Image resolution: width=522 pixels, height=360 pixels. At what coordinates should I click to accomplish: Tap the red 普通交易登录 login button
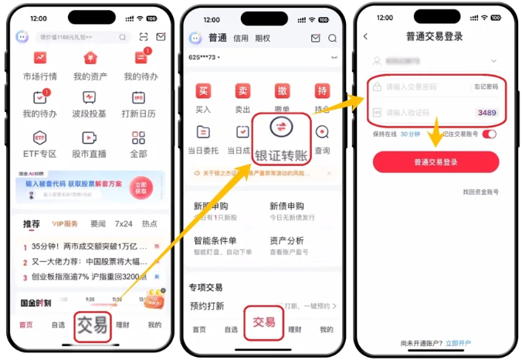point(436,162)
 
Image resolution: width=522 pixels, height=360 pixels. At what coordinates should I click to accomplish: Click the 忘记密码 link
point(486,87)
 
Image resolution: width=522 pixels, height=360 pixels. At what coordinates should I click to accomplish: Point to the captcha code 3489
point(486,113)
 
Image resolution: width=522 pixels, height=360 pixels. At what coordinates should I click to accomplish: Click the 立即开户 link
point(458,343)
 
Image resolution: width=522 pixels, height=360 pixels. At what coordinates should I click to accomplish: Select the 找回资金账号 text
point(481,191)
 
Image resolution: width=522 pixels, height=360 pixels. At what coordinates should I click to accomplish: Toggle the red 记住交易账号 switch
point(489,134)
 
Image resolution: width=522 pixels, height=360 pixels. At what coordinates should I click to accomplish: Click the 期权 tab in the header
point(263,38)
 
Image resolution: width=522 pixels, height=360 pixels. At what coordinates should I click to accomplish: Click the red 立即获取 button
point(141,187)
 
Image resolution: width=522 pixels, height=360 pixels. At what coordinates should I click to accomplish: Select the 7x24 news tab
point(124,224)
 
